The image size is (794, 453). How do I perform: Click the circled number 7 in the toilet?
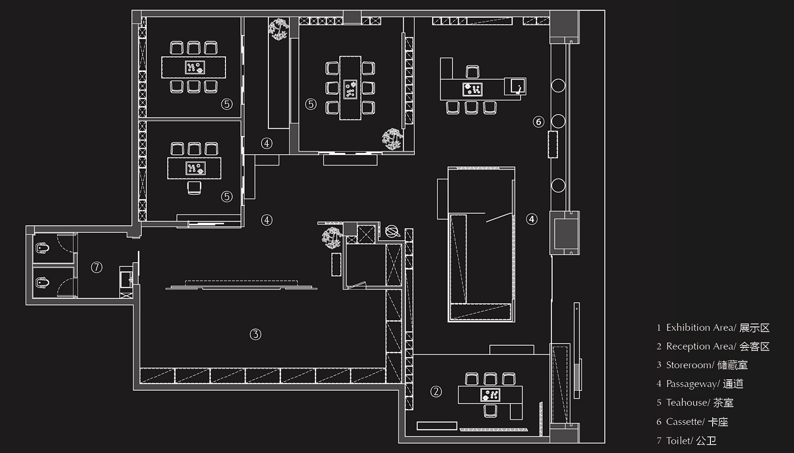[x=96, y=267]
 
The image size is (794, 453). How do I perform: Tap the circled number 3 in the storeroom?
[x=255, y=334]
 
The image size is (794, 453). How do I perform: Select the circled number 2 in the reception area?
[x=436, y=392]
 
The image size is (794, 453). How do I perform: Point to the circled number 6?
[x=538, y=122]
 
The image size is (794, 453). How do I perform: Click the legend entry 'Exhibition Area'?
[x=701, y=328]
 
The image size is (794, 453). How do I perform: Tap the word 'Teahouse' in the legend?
[x=688, y=402]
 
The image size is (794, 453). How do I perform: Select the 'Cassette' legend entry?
[x=685, y=422]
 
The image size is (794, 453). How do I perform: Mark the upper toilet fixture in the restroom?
[x=42, y=248]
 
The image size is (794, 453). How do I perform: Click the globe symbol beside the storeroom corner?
[x=393, y=232]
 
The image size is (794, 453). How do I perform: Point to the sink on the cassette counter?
[x=515, y=86]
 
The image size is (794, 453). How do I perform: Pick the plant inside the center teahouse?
[x=392, y=139]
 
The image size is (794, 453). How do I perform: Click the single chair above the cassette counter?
[x=472, y=72]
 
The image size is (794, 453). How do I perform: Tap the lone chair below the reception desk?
[x=490, y=411]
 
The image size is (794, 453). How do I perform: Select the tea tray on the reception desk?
[x=490, y=395]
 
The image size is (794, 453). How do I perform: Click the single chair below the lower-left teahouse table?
[x=194, y=188]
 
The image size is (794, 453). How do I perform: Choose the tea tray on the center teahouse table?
[x=350, y=89]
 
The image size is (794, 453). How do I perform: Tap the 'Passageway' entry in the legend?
[x=693, y=384]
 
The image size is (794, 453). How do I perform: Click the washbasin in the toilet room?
[x=126, y=279]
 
